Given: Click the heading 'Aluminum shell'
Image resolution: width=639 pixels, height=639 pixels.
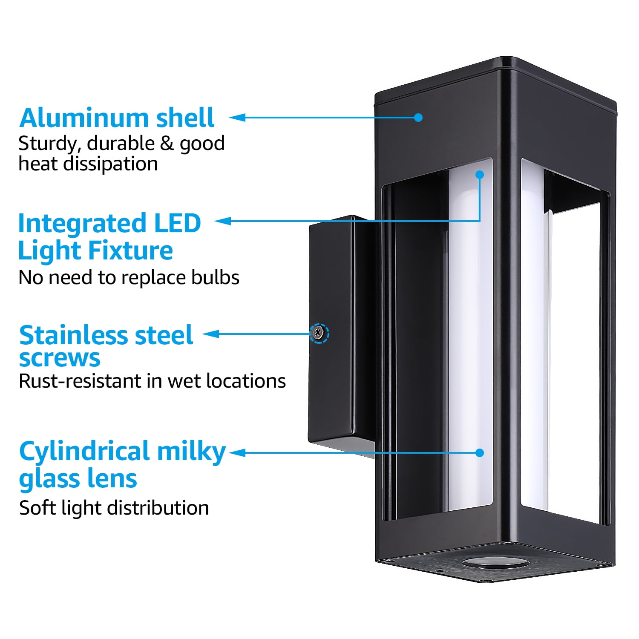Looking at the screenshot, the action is pyautogui.click(x=117, y=118).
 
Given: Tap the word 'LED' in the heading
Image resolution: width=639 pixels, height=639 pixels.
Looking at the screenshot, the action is pyautogui.click(x=177, y=223).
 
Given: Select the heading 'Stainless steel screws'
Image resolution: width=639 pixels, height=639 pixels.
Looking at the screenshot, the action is pyautogui.click(x=106, y=346).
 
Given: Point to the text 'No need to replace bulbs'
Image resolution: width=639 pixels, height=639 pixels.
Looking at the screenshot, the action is pyautogui.click(x=129, y=277).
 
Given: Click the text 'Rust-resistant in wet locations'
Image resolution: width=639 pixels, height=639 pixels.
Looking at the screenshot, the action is pyautogui.click(x=152, y=381).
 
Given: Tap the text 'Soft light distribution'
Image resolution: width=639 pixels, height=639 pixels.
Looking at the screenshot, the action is pyautogui.click(x=114, y=508).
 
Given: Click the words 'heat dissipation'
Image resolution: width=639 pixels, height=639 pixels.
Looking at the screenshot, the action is pyautogui.click(x=88, y=164).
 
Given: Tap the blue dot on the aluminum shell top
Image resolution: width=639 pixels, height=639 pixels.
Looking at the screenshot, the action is pyautogui.click(x=418, y=118).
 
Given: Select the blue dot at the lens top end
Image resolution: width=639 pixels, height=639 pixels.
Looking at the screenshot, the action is pyautogui.click(x=480, y=175).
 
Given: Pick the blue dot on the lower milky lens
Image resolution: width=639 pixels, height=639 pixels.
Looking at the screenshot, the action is pyautogui.click(x=480, y=452).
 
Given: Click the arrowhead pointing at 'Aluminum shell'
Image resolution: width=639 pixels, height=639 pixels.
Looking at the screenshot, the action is pyautogui.click(x=238, y=118).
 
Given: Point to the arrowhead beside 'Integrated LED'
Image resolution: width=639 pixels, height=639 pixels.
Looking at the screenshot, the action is pyautogui.click(x=223, y=221).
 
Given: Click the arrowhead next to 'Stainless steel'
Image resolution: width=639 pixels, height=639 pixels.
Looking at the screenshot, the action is pyautogui.click(x=211, y=334).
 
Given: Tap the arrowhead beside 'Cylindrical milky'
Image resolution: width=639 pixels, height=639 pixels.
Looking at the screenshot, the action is pyautogui.click(x=238, y=452).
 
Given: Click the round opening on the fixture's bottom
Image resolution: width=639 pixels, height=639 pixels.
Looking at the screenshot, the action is pyautogui.click(x=495, y=563).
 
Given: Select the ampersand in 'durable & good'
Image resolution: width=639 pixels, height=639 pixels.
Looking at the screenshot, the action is pyautogui.click(x=167, y=144).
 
